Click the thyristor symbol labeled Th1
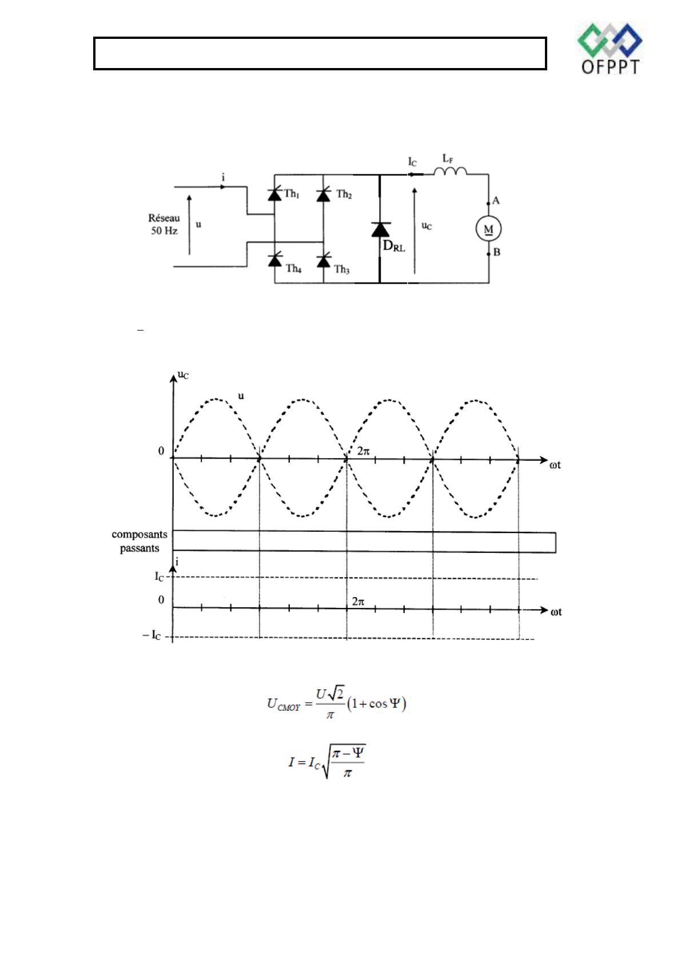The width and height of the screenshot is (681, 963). click(275, 194)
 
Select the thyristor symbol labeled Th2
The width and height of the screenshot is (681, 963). click(324, 194)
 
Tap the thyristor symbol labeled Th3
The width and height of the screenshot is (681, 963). click(324, 260)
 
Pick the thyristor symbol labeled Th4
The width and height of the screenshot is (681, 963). click(275, 260)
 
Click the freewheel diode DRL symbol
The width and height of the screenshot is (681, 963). click(380, 229)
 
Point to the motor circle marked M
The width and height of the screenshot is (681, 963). click(488, 229)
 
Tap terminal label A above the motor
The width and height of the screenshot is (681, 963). click(496, 201)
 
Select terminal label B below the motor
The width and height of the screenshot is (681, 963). click(496, 252)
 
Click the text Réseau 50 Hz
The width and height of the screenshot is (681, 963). click(164, 225)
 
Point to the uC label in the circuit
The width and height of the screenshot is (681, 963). click(427, 226)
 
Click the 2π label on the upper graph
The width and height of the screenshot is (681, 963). click(363, 451)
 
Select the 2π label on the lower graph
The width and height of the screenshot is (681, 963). click(359, 601)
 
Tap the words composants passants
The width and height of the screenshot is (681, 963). click(140, 541)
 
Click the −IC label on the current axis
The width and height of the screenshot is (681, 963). click(152, 635)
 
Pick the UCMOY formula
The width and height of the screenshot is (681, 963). click(336, 703)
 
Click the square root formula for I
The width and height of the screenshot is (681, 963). click(327, 762)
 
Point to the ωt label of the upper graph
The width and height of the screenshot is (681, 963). click(555, 465)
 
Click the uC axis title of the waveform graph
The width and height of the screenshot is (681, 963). click(183, 376)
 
